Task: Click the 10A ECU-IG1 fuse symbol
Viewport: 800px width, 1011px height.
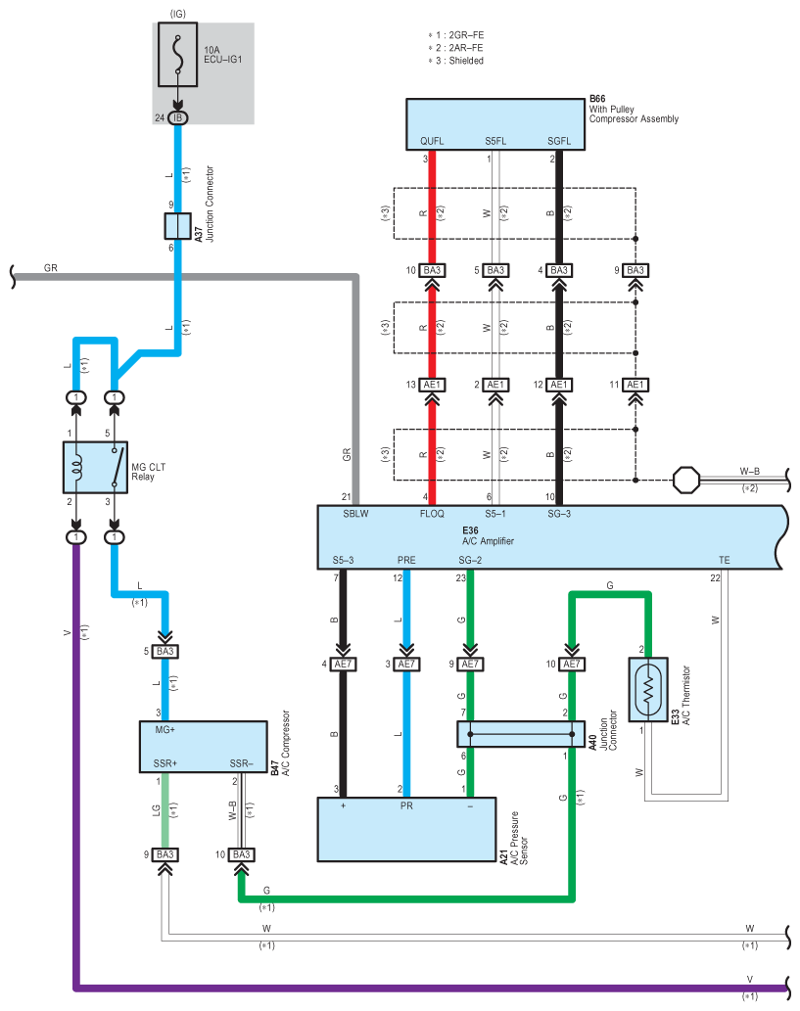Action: point(177,55)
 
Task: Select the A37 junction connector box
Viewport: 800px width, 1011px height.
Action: point(177,226)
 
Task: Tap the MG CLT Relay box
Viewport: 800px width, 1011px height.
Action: point(96,468)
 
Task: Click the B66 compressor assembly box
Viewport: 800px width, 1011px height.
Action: point(495,124)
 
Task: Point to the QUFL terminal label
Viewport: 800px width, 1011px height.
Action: point(432,141)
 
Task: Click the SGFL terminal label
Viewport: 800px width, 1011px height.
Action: point(559,141)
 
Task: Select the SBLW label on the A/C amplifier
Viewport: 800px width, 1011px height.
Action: point(355,514)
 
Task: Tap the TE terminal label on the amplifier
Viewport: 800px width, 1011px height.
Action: point(725,560)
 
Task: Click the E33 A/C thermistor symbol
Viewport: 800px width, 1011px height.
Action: point(648,689)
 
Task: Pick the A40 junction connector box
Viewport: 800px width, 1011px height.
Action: point(521,734)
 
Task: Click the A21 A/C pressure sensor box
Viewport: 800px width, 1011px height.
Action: point(406,829)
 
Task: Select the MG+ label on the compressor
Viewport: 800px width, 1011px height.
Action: point(165,730)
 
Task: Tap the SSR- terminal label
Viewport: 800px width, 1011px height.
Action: point(241,764)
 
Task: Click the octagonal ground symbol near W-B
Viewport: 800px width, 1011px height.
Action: point(685,481)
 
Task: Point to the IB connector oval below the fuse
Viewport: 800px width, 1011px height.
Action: point(177,118)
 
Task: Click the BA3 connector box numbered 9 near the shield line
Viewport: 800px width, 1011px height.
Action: point(635,270)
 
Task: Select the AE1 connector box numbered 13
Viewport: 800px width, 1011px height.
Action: point(432,385)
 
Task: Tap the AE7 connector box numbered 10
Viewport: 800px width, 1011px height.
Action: point(572,665)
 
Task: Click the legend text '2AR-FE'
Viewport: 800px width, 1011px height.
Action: point(466,48)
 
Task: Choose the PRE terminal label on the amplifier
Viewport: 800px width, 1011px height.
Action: point(406,560)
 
